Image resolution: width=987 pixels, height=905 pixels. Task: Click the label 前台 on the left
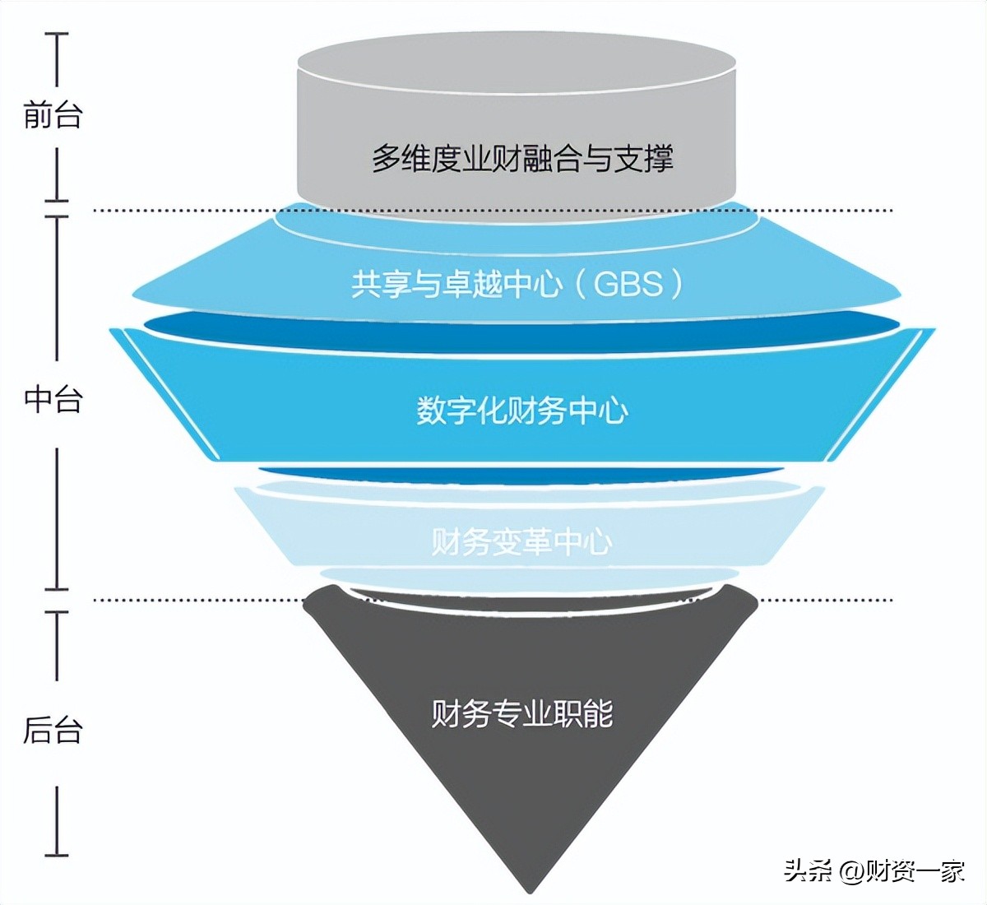pyautogui.click(x=53, y=114)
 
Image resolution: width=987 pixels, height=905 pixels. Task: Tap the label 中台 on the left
pyautogui.click(x=53, y=399)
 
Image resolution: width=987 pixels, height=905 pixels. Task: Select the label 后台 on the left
pyautogui.click(x=53, y=730)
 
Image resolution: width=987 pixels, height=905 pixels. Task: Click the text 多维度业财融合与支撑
pyautogui.click(x=522, y=158)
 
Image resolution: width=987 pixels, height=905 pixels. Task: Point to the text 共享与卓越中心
pyautogui.click(x=457, y=285)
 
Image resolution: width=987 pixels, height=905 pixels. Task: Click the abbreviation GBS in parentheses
pyautogui.click(x=628, y=285)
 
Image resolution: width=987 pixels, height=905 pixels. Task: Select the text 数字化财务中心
pyautogui.click(x=522, y=411)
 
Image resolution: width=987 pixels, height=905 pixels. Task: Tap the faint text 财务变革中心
pyautogui.click(x=522, y=541)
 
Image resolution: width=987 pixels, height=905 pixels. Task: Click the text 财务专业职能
pyautogui.click(x=522, y=713)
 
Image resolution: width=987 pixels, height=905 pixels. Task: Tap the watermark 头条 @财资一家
pyautogui.click(x=874, y=870)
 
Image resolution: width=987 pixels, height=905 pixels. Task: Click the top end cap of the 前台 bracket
pyautogui.click(x=57, y=35)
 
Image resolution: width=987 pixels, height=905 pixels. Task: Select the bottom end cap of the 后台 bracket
pyautogui.click(x=57, y=855)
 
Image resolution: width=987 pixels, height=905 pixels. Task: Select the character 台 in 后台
pyautogui.click(x=68, y=730)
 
